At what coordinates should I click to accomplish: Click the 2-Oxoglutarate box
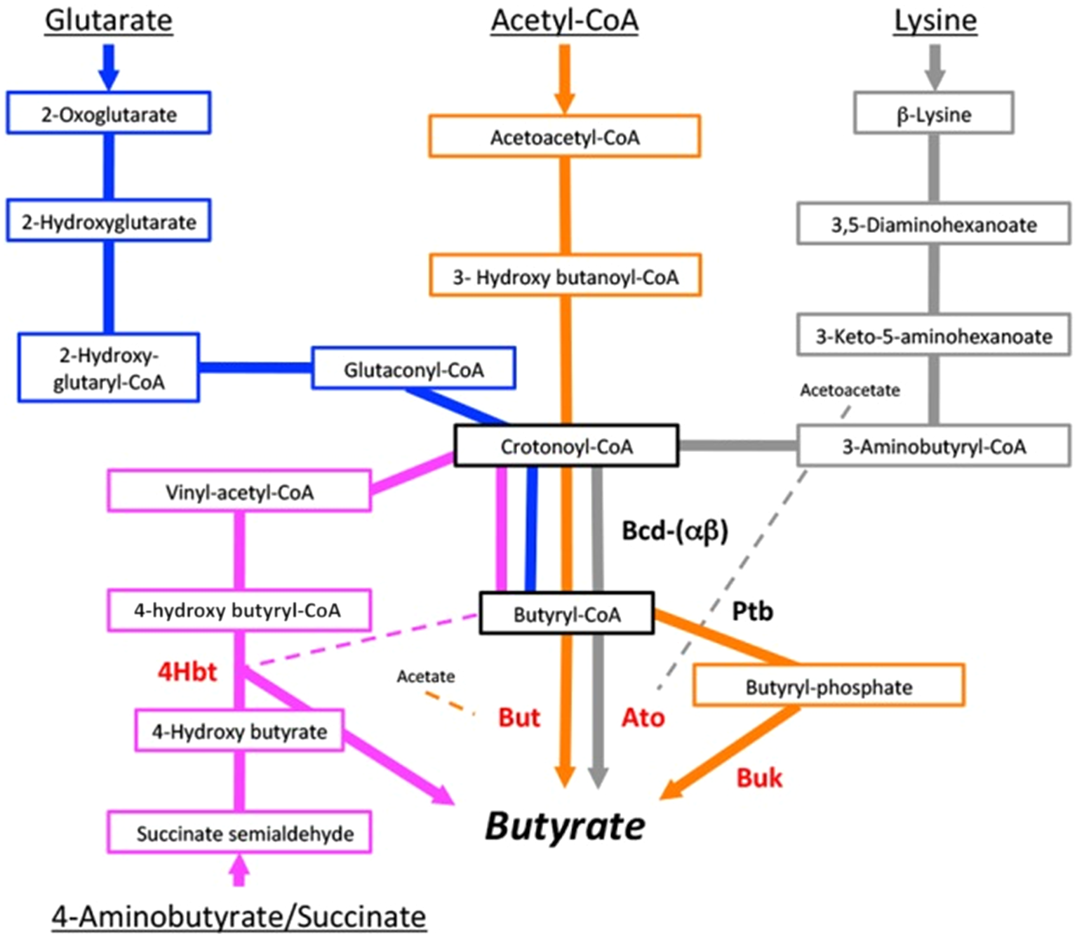pyautogui.click(x=109, y=113)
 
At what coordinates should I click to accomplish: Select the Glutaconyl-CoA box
pyautogui.click(x=413, y=368)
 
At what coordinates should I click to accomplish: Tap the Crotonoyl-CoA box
pyautogui.click(x=566, y=446)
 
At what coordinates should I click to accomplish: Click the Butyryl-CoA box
pyautogui.click(x=566, y=614)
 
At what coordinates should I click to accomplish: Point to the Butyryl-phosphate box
pyautogui.click(x=829, y=686)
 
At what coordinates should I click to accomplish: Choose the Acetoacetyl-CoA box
pyautogui.click(x=565, y=137)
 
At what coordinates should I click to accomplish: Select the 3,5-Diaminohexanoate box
pyautogui.click(x=933, y=225)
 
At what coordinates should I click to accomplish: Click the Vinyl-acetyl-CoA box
pyautogui.click(x=239, y=491)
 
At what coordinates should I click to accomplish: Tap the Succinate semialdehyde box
pyautogui.click(x=239, y=833)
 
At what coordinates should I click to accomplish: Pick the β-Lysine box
pyautogui.click(x=933, y=114)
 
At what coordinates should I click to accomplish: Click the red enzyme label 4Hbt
pyautogui.click(x=187, y=672)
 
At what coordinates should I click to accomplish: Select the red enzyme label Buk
pyautogui.click(x=759, y=778)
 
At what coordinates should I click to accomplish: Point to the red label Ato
pyautogui.click(x=643, y=717)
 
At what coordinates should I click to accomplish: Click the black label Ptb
pyautogui.click(x=752, y=611)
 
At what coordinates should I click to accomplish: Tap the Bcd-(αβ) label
pyautogui.click(x=675, y=531)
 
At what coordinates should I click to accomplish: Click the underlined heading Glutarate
pyautogui.click(x=109, y=20)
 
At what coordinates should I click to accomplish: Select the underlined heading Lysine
pyautogui.click(x=935, y=20)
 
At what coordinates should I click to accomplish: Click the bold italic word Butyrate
pyautogui.click(x=565, y=826)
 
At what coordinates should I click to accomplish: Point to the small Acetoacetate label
pyautogui.click(x=850, y=390)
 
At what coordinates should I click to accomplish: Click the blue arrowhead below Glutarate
pyautogui.click(x=109, y=77)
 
